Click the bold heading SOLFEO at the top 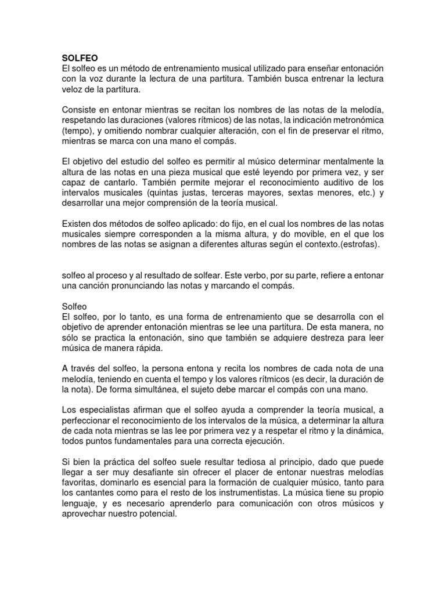pos(80,58)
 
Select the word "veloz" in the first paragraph pos(74,90)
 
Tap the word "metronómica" pos(355,121)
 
